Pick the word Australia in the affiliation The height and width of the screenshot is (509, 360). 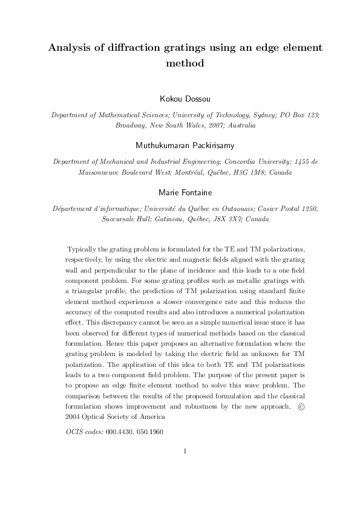240,125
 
